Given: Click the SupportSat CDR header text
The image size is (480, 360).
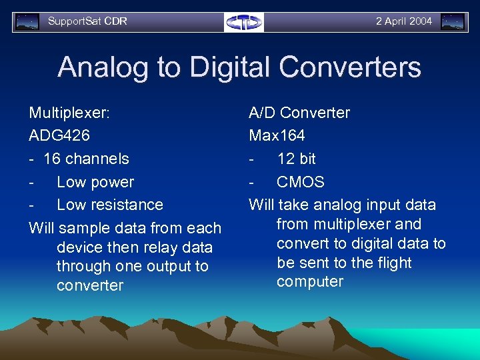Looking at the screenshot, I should pos(87,21).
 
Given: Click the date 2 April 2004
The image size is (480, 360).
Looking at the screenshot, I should pos(403,21).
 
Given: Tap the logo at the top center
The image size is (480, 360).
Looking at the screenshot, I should pos(243,22).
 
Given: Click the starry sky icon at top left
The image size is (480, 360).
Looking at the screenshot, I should pos(27,22).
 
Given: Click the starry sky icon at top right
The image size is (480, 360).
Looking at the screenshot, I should pos(453,22).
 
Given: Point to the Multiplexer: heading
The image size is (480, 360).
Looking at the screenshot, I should pos(69,113).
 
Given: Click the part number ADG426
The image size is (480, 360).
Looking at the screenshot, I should pos(59,136).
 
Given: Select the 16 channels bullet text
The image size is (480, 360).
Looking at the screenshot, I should pos(86,159).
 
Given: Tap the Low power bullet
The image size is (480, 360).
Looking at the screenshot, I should pos(95,182).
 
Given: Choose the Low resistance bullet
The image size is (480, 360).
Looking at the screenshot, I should pos(110,205).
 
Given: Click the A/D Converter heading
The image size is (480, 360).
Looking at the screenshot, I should pos(299,113).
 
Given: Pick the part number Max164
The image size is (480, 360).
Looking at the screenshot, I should pos(277,136).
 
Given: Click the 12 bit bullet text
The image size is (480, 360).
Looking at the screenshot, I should pos(297,159).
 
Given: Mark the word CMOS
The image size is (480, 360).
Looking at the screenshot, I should pos(301,182).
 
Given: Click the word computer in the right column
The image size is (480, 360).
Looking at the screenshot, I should pos(310,282).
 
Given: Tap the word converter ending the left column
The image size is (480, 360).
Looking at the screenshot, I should pos(90,286).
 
